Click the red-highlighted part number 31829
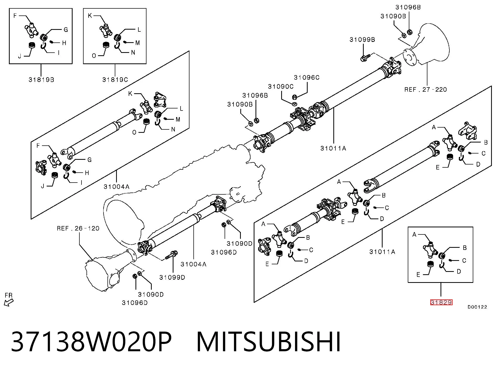[x=441, y=302]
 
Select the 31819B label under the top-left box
[x=41, y=80]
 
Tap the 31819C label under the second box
[x=115, y=80]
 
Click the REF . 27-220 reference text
[x=426, y=90]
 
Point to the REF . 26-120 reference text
[x=78, y=228]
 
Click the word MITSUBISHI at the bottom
[x=269, y=342]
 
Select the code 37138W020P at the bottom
[x=91, y=342]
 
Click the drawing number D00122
[x=477, y=307]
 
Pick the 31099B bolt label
[x=362, y=40]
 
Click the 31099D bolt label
[x=172, y=277]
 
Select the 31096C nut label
[x=307, y=78]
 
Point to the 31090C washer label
[x=281, y=86]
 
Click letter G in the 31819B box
[x=66, y=30]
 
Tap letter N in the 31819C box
[x=133, y=52]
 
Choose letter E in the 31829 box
[x=418, y=275]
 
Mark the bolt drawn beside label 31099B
[x=365, y=58]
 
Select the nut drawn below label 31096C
[x=294, y=97]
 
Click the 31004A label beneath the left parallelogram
[x=116, y=187]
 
